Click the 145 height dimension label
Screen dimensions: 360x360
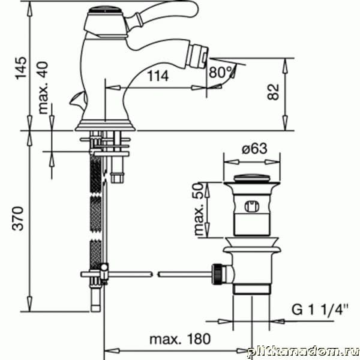(x=21, y=68)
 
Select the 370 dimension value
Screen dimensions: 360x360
(x=18, y=218)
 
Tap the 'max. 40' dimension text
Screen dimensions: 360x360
(x=43, y=88)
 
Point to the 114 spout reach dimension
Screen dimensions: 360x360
(x=158, y=76)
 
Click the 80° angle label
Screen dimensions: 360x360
(x=221, y=73)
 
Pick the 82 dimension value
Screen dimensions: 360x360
(x=273, y=92)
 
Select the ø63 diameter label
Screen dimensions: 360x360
(x=254, y=148)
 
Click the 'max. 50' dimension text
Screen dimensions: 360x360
(x=199, y=209)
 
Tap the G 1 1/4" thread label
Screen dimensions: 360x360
(x=320, y=310)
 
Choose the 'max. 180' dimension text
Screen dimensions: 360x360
(x=180, y=339)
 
